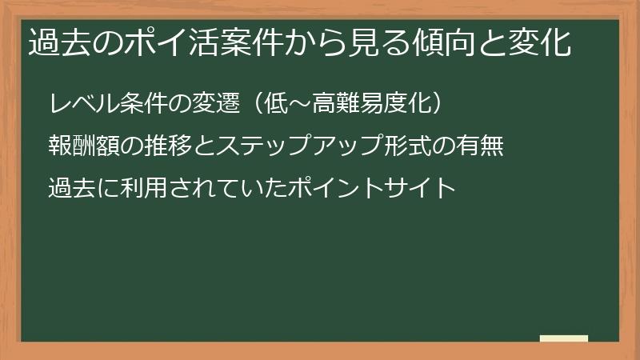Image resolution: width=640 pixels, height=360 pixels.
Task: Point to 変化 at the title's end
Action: coord(543,42)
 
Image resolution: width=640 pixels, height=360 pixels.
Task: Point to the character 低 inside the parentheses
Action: coord(267,105)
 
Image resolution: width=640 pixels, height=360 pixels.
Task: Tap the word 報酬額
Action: coord(83,147)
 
